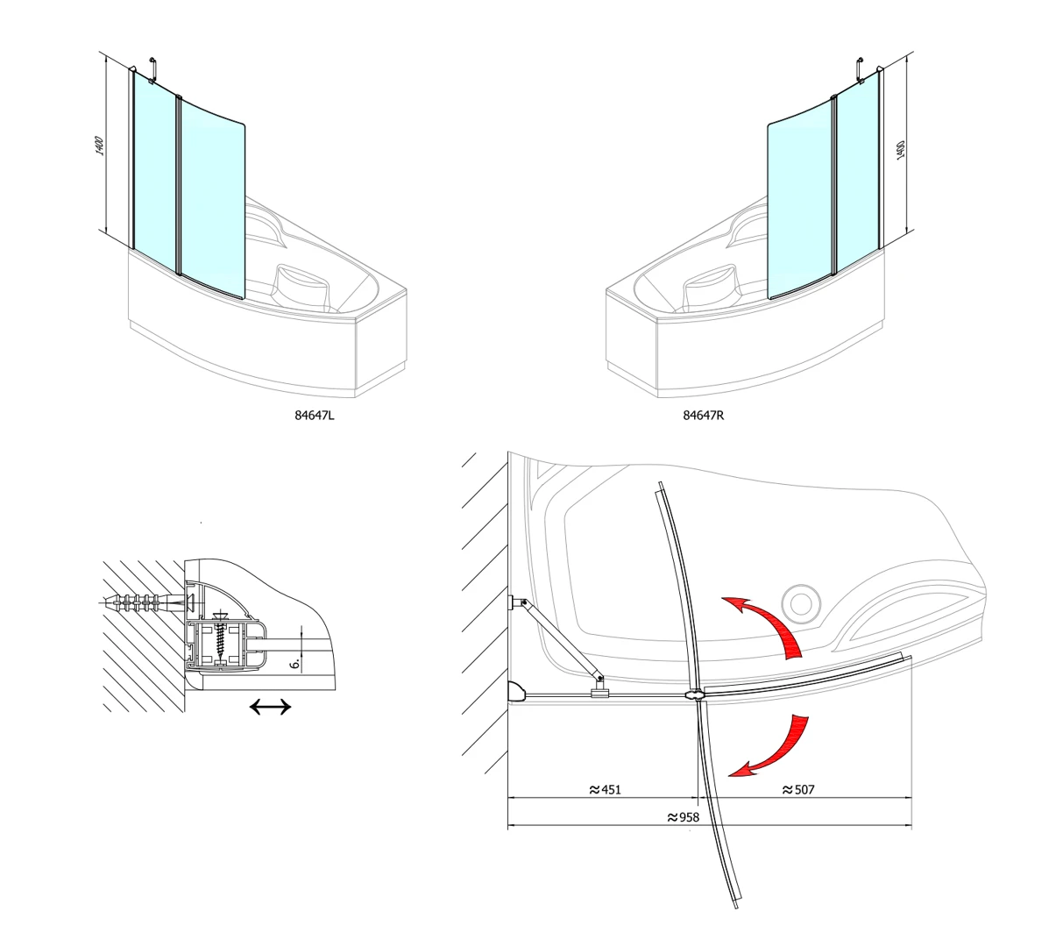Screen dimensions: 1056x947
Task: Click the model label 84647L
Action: [315, 415]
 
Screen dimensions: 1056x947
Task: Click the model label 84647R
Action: [703, 415]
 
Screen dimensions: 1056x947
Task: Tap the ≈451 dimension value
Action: [606, 789]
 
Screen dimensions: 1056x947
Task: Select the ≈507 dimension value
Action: [798, 789]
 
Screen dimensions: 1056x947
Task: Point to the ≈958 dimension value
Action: [684, 817]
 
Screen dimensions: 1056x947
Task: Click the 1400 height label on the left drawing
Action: [100, 146]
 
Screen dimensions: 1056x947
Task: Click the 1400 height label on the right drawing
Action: [901, 150]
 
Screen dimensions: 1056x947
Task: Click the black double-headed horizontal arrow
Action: [270, 707]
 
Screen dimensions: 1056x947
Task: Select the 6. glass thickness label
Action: [295, 663]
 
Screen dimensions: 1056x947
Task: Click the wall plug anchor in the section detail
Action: [144, 602]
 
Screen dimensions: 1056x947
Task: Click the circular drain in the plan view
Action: [801, 604]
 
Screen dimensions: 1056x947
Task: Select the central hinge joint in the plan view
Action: [694, 694]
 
